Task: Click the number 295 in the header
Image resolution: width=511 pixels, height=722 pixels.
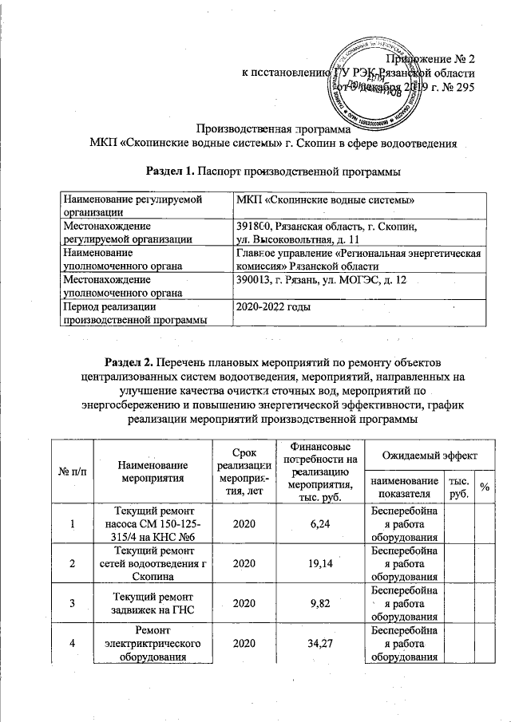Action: click(x=464, y=87)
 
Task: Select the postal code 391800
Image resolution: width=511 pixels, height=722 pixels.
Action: click(x=249, y=227)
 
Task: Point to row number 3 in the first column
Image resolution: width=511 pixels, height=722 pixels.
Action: click(x=73, y=603)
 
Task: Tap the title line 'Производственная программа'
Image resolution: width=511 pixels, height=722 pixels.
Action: click(x=274, y=129)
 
